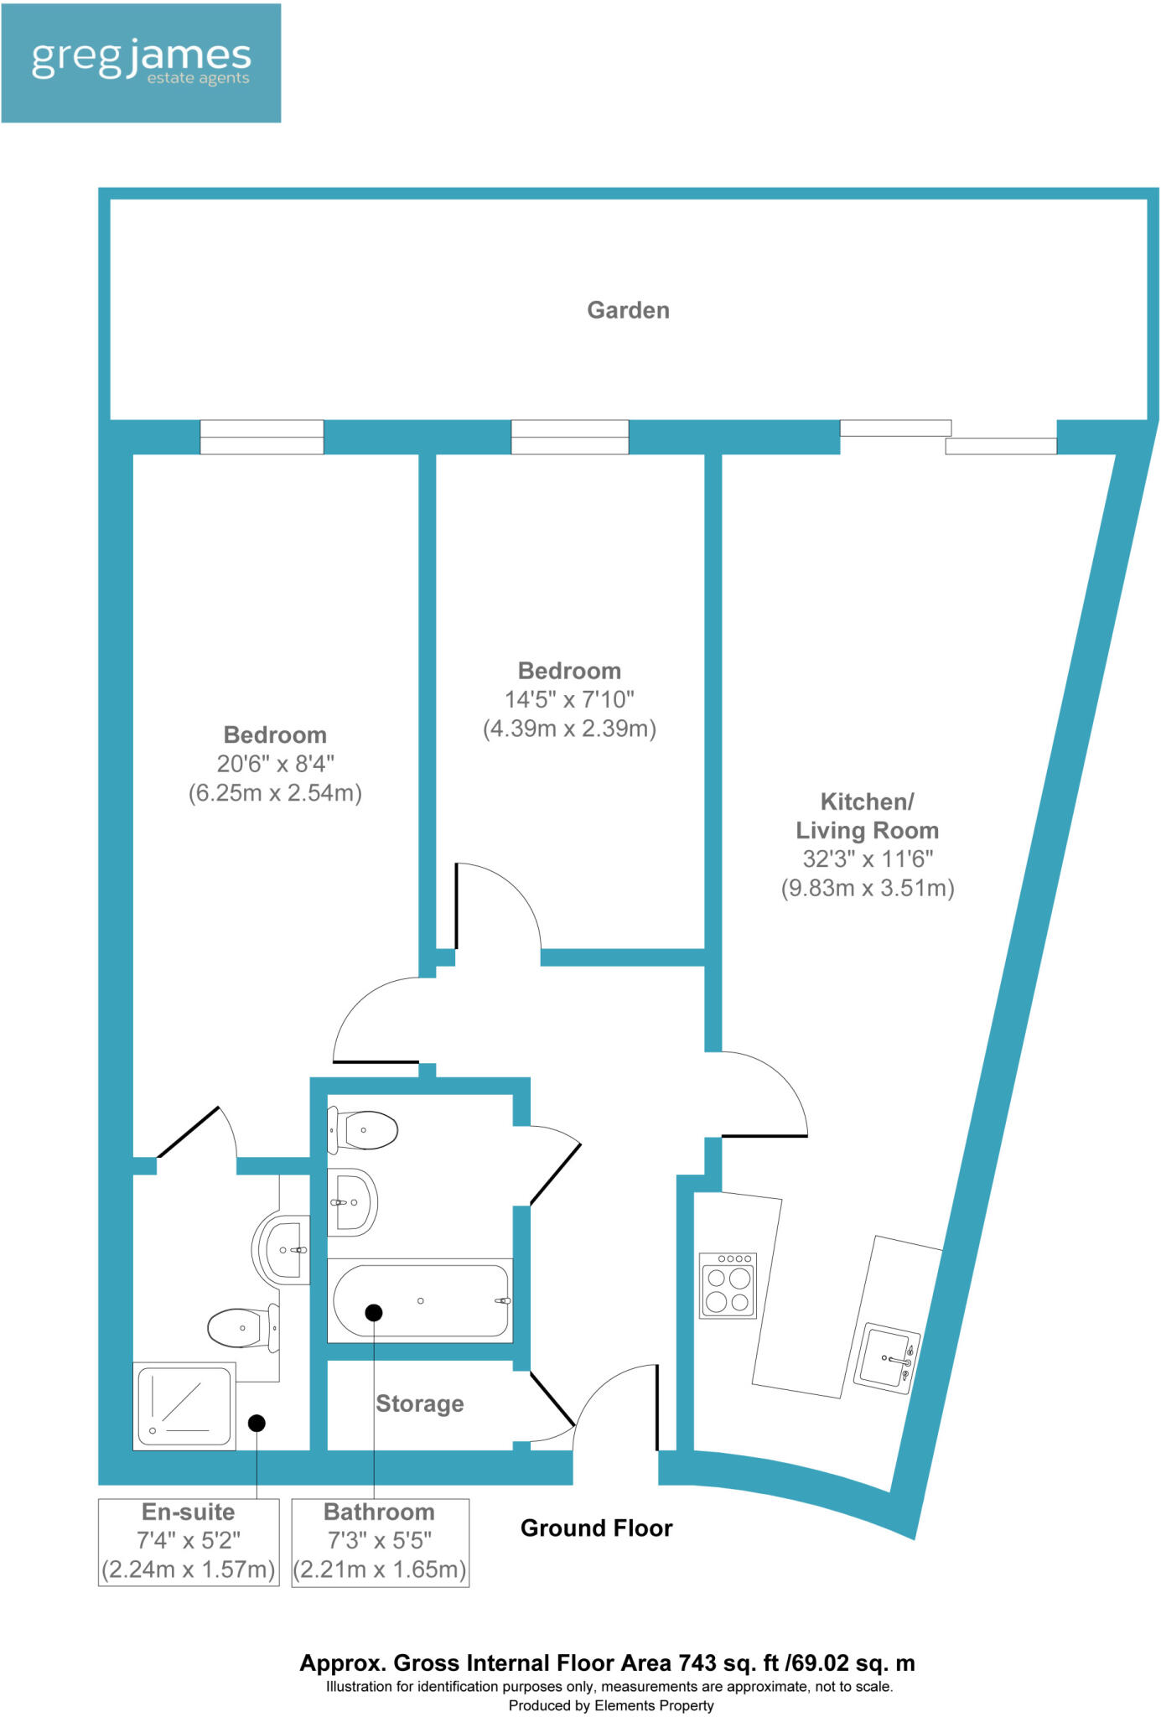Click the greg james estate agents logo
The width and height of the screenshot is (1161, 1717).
(141, 63)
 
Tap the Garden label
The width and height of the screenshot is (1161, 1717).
(628, 310)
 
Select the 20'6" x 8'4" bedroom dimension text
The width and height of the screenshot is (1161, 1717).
(275, 764)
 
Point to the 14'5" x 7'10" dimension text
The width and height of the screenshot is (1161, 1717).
(569, 699)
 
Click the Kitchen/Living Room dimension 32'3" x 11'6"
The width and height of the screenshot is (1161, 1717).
(868, 858)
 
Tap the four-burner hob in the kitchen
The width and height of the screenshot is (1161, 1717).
(728, 1286)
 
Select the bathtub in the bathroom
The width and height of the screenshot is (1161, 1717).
(420, 1300)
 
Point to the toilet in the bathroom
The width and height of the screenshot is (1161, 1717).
(362, 1130)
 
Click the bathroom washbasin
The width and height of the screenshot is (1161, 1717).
(352, 1202)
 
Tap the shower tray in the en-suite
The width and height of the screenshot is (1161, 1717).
(184, 1405)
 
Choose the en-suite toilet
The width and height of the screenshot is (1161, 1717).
(243, 1328)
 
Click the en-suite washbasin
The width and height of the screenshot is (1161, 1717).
(281, 1250)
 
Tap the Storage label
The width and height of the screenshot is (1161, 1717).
(420, 1403)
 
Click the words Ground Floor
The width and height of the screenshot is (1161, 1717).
(597, 1528)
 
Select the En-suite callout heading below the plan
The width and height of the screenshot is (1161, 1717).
(189, 1512)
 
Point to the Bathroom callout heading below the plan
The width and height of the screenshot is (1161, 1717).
(380, 1512)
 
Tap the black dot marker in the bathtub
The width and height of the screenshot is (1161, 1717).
(374, 1313)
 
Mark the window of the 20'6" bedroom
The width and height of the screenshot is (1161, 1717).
(262, 437)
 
